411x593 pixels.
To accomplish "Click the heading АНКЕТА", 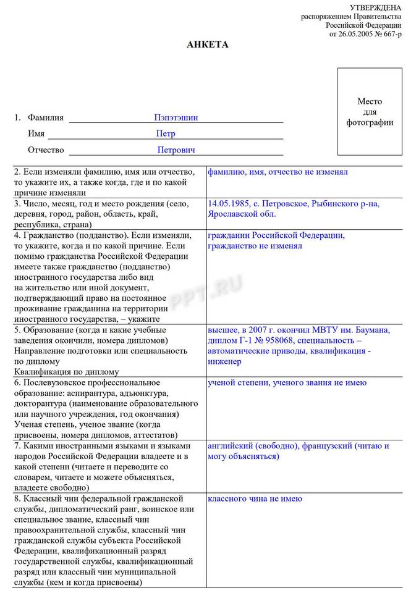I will click(x=208, y=45).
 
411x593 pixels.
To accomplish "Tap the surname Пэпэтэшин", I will click(x=176, y=117).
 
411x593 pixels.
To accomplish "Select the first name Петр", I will click(x=166, y=133).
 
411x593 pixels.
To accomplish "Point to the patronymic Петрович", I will click(x=176, y=150).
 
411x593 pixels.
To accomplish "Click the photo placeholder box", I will click(x=370, y=111).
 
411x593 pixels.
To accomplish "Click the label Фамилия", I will click(x=45, y=117).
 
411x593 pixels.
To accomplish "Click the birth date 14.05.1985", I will click(x=228, y=203).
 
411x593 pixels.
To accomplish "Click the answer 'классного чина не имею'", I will click(x=255, y=498).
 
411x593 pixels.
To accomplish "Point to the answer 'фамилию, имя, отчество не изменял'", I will click(x=278, y=172).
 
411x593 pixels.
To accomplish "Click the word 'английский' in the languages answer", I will click(x=229, y=445).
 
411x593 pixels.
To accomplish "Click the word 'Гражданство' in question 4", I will click(x=46, y=236).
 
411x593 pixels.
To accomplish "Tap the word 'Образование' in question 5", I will click(x=47, y=330).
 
